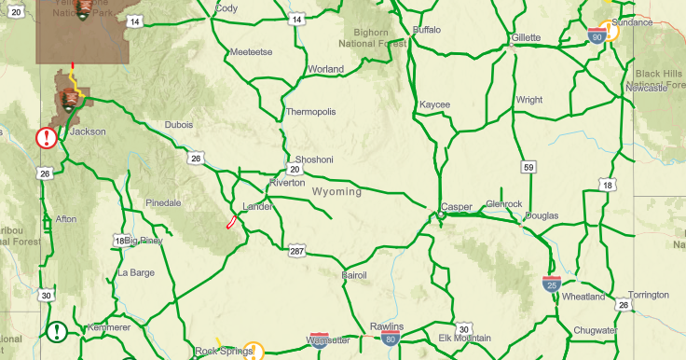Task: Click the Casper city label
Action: (457, 206)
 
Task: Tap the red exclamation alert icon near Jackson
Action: (46, 138)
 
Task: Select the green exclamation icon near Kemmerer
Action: (57, 331)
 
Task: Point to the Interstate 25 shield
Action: (552, 284)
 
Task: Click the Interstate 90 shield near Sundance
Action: (597, 36)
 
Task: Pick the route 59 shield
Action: (528, 167)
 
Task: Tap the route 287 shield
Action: (296, 252)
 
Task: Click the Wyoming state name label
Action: (336, 191)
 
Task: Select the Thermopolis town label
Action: (310, 112)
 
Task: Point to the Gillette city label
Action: (526, 37)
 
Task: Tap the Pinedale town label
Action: (163, 202)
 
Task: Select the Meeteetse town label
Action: (250, 51)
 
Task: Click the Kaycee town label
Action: (434, 104)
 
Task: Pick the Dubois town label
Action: (178, 124)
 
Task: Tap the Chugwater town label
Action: (595, 330)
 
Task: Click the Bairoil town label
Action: (355, 276)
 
